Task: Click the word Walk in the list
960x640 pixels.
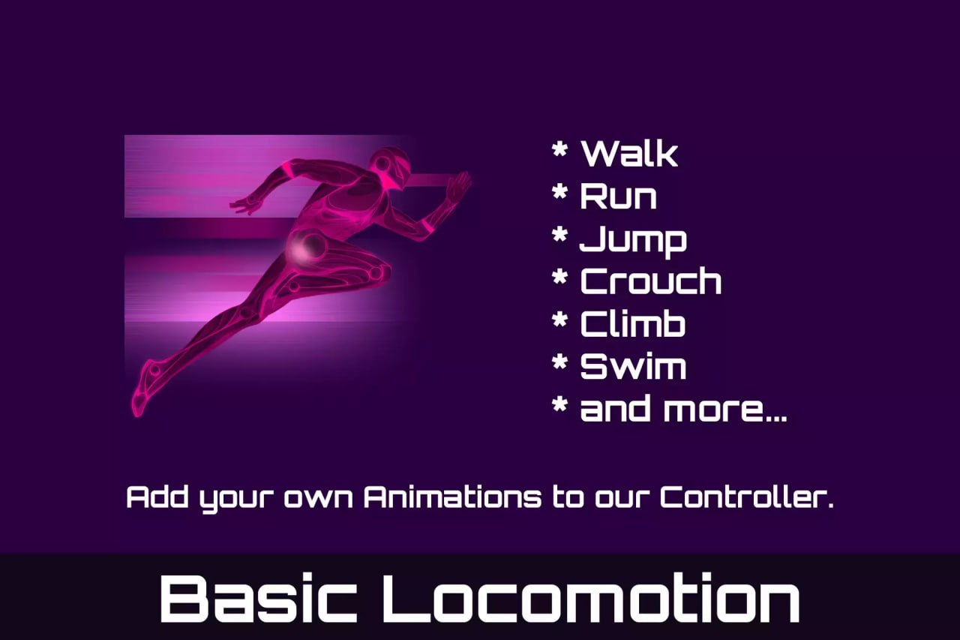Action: coord(629,153)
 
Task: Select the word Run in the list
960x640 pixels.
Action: coord(618,196)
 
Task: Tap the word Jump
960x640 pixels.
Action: coord(633,239)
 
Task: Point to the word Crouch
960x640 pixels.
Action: coord(650,281)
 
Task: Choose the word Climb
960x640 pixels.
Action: coord(633,324)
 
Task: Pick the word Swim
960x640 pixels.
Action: coord(633,367)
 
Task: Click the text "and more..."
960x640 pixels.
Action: coord(683,410)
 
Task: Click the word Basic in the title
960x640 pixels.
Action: coord(258,598)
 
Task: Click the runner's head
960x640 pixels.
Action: coord(391,165)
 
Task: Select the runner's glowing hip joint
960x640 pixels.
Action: coord(307,246)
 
